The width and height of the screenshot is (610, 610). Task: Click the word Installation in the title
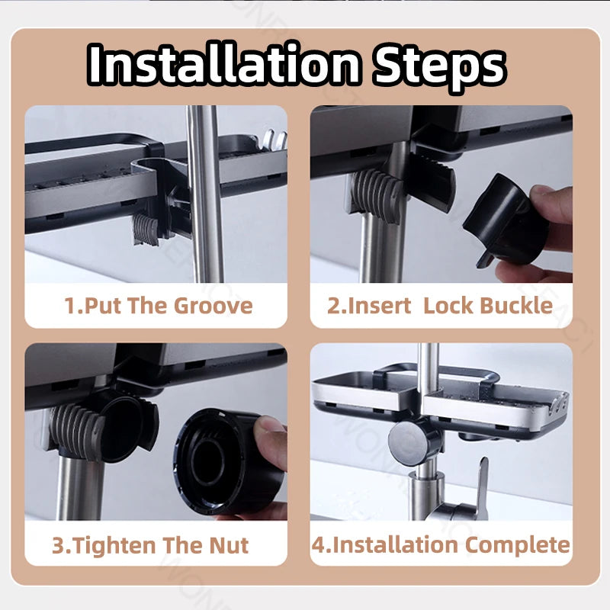pyautogui.click(x=223, y=64)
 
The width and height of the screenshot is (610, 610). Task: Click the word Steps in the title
pyautogui.click(x=439, y=67)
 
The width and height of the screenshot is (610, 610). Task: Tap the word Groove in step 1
pyautogui.click(x=213, y=306)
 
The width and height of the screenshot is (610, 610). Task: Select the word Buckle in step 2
pyautogui.click(x=516, y=306)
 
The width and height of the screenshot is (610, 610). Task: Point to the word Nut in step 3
pyautogui.click(x=229, y=545)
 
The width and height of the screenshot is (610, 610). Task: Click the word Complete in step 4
pyautogui.click(x=518, y=545)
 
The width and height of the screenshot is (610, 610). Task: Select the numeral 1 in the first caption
pyautogui.click(x=70, y=306)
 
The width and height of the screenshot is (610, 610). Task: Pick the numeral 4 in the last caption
pyautogui.click(x=318, y=545)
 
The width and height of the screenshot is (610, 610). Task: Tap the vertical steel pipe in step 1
pyautogui.click(x=204, y=194)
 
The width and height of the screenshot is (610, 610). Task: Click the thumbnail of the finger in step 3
pyautogui.click(x=269, y=424)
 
